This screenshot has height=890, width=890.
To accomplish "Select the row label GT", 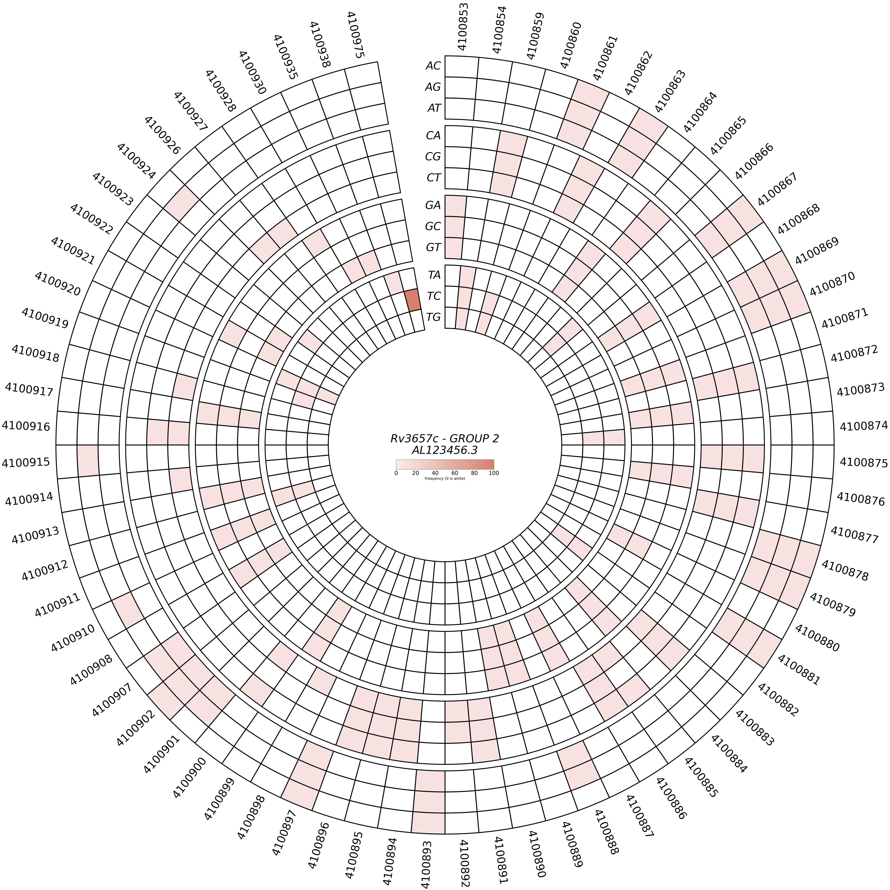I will point(433,247).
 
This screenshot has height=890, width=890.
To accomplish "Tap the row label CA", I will point(433,135).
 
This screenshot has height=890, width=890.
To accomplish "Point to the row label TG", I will point(433,317).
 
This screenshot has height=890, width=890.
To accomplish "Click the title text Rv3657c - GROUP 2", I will point(445,438).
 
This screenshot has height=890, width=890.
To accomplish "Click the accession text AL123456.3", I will point(445,450).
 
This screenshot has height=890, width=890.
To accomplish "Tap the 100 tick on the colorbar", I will point(494,473).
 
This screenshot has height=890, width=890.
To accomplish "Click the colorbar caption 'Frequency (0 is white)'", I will point(445,479).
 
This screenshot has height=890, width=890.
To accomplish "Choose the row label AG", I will point(433,87).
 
